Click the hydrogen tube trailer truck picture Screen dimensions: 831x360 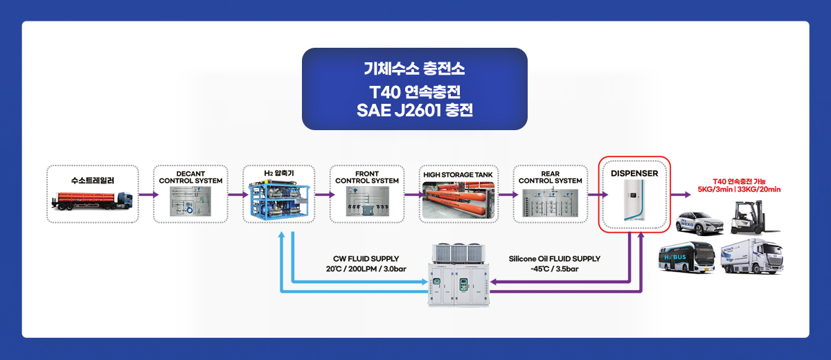click(92, 201)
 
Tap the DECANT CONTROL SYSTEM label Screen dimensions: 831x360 click(190, 177)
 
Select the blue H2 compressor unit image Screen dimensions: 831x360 click(279, 199)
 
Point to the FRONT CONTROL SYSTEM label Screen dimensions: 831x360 click(367, 177)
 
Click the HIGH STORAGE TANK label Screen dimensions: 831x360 click(458, 174)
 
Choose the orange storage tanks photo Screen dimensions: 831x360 click(458, 200)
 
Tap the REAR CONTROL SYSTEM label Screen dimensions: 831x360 click(550, 177)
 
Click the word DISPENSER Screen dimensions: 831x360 click(634, 174)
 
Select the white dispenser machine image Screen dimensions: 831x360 click(634, 200)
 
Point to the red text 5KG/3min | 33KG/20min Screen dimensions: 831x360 click(739, 190)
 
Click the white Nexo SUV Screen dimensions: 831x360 click(699, 223)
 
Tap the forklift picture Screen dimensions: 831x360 click(754, 218)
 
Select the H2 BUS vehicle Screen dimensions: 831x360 click(687, 258)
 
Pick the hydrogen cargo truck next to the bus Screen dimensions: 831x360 click(752, 257)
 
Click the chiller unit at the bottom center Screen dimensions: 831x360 click(458, 275)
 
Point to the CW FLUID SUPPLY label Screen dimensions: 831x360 click(366, 259)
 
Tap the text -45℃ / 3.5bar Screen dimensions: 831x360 click(554, 269)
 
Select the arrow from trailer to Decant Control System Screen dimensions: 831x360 click(149, 195)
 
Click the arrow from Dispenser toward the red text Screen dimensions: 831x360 click(681, 195)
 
